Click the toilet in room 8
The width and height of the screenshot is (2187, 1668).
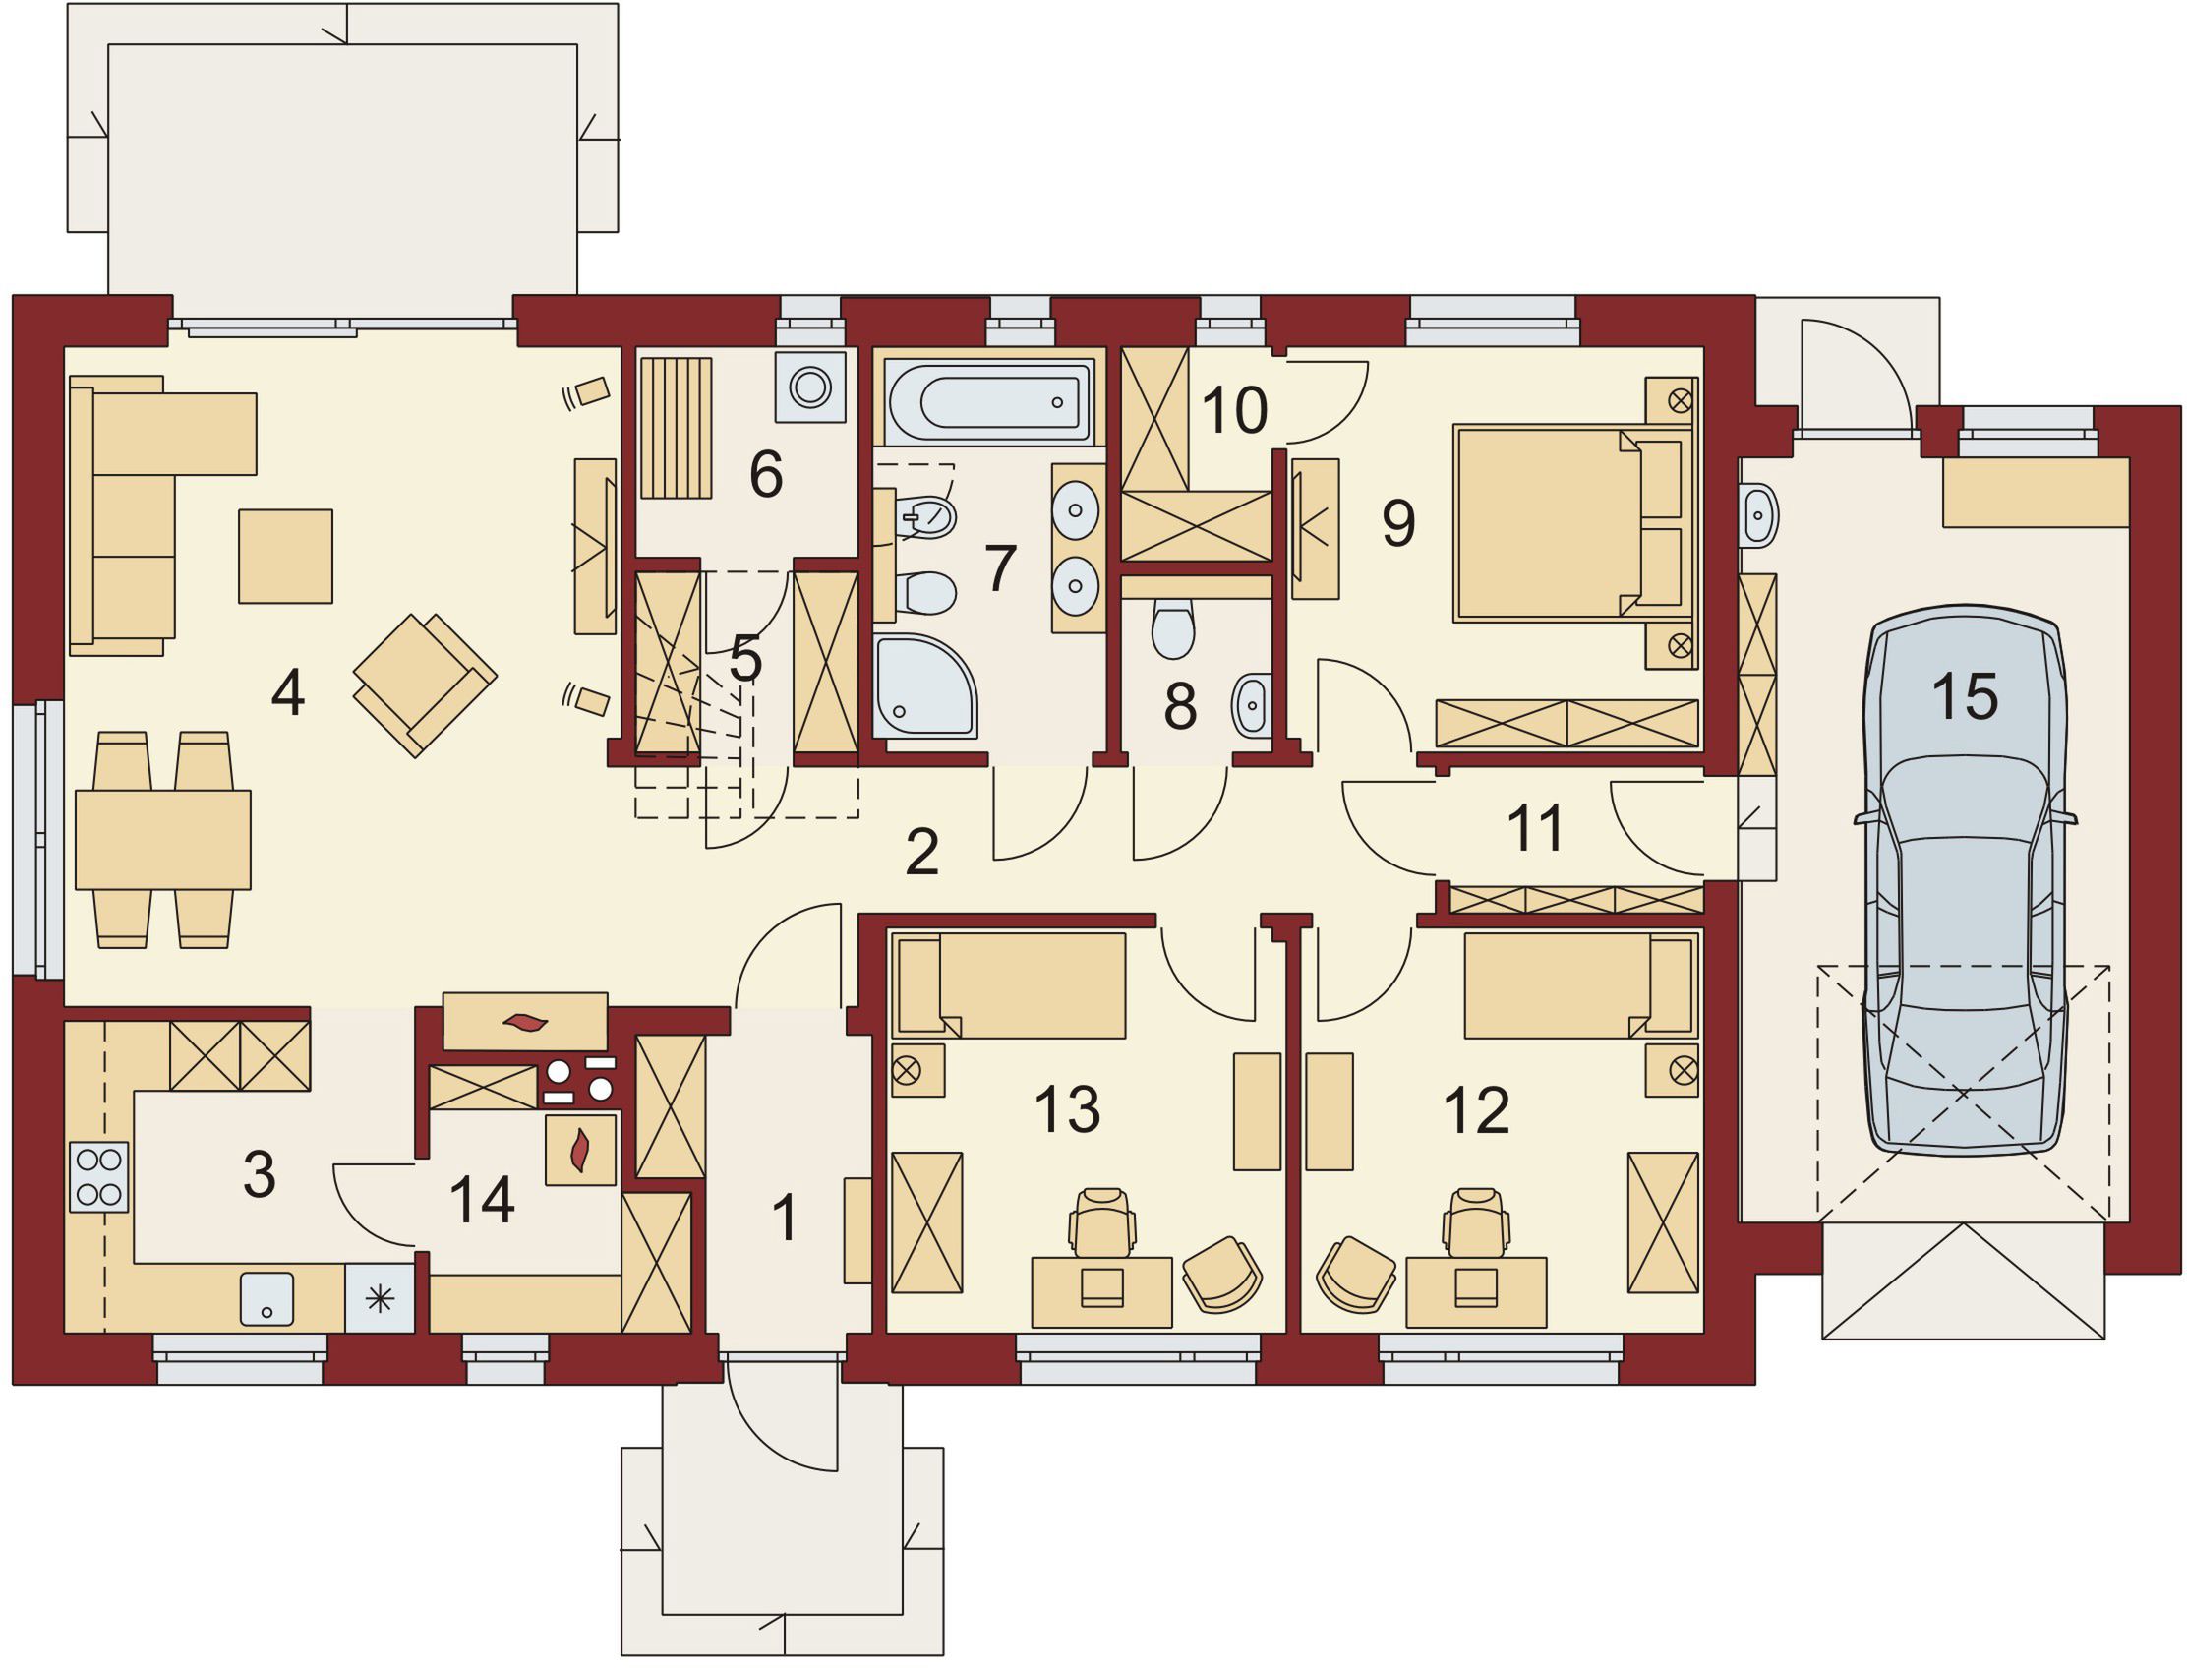1173,627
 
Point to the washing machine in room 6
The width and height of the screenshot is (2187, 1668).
811,387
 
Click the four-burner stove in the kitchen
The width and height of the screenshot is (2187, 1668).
98,1176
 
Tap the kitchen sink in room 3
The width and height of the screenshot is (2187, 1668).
267,1298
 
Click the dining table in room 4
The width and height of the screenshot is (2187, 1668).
163,839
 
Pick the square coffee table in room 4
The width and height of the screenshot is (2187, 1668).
285,556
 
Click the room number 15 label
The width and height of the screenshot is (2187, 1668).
1965,696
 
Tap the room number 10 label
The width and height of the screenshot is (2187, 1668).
1234,409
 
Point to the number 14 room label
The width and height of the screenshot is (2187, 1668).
482,1200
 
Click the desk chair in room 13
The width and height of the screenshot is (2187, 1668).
1102,1222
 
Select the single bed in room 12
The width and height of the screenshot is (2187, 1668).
1579,983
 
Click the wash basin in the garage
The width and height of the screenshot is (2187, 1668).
1758,515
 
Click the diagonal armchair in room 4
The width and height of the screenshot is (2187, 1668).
425,685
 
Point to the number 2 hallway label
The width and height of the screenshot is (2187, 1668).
922,852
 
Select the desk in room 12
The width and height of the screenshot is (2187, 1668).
1476,1291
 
